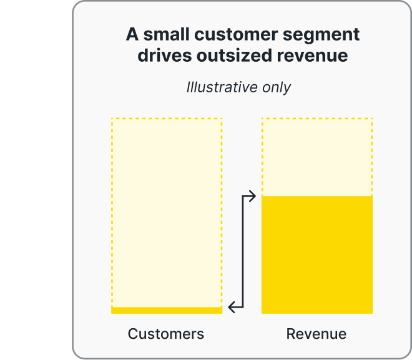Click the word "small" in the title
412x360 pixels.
(x=161, y=34)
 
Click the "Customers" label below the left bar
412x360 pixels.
(x=166, y=334)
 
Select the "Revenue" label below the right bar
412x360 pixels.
(x=316, y=334)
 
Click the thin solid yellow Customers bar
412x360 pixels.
(x=166, y=310)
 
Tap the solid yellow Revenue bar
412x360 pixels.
(x=316, y=255)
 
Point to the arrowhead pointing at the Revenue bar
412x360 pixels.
(x=253, y=197)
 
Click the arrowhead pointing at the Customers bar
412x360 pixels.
(x=232, y=307)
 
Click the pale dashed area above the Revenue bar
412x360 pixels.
(x=316, y=157)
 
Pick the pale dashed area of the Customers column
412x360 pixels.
(x=166, y=212)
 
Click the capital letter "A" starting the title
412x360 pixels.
(x=132, y=34)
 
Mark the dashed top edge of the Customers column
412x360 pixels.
(x=166, y=118)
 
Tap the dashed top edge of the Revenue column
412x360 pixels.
(x=316, y=118)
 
